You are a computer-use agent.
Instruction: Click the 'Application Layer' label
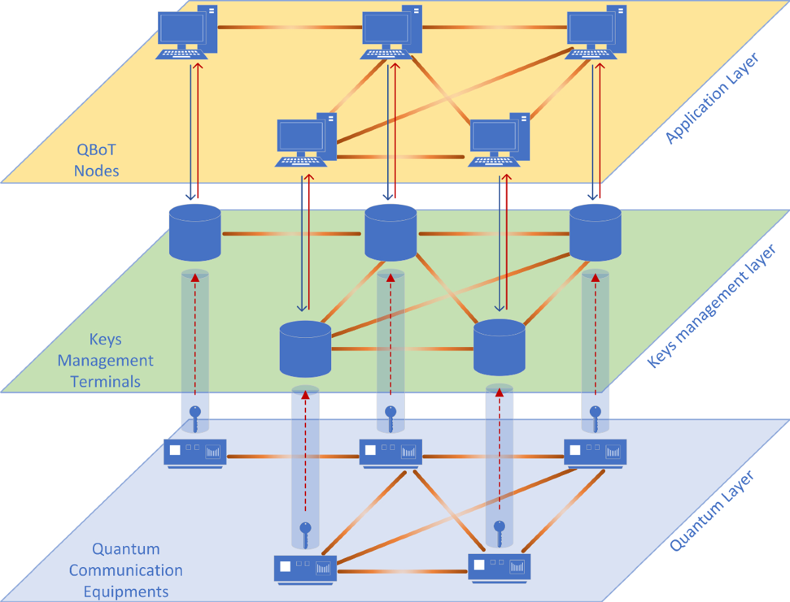tap(712, 99)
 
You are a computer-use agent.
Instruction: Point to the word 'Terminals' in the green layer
tap(105, 381)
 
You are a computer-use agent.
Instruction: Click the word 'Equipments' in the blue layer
tap(126, 591)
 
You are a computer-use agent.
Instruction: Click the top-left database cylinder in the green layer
tap(195, 232)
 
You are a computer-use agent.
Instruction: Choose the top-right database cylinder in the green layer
tap(595, 233)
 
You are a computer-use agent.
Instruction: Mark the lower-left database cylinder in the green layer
tap(305, 348)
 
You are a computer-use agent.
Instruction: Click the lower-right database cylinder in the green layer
tap(499, 347)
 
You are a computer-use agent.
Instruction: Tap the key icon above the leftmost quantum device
tap(195, 418)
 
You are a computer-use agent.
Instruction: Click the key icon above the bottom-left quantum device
tap(305, 534)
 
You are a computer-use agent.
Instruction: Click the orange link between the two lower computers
tap(402, 157)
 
